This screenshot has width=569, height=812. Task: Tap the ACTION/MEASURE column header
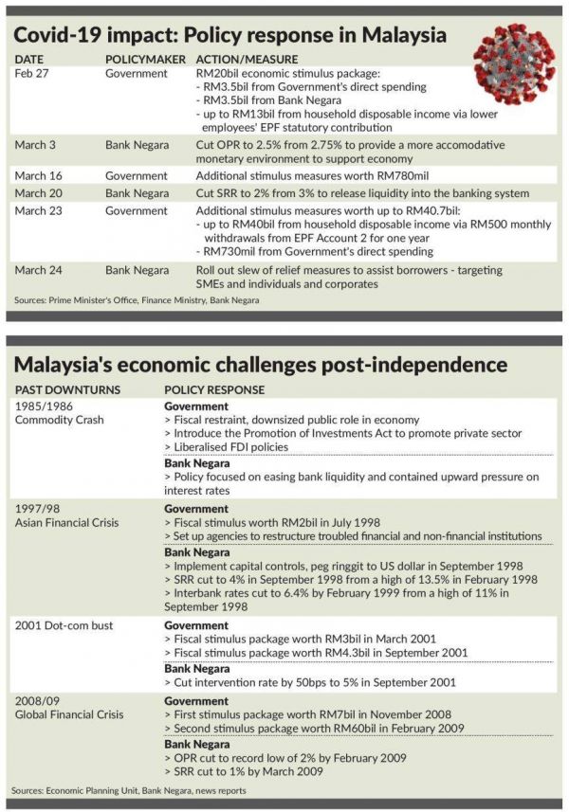point(237,59)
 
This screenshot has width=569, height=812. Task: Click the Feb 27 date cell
point(32,73)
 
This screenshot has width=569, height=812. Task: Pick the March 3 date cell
point(37,145)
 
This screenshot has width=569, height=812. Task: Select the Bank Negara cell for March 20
point(138,192)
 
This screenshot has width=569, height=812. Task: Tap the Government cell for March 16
point(137,175)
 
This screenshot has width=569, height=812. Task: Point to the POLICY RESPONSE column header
point(214,389)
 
